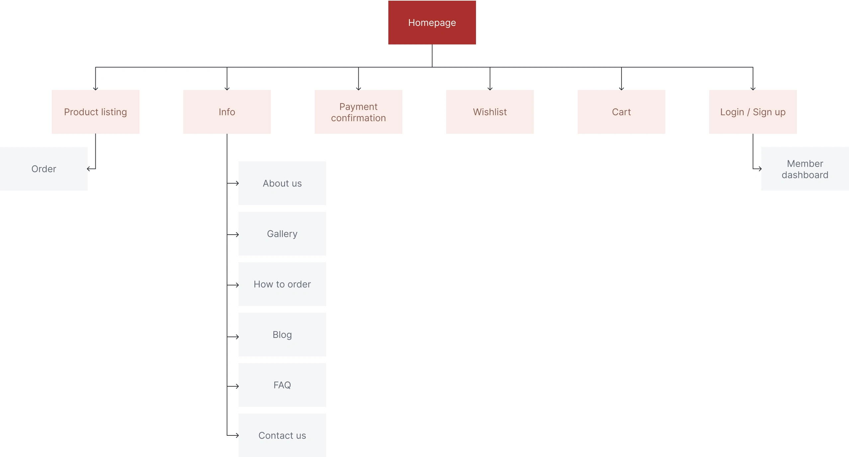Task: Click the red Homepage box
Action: click(x=432, y=23)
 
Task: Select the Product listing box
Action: click(x=95, y=112)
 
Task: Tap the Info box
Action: click(x=227, y=112)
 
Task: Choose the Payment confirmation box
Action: click(x=358, y=112)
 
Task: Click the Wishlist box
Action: click(x=490, y=112)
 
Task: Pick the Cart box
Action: click(x=621, y=112)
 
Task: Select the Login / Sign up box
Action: click(x=753, y=112)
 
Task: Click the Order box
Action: click(x=44, y=169)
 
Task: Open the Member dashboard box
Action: click(x=805, y=169)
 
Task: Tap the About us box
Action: click(x=282, y=183)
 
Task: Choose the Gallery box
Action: click(x=282, y=234)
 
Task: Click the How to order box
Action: click(x=282, y=284)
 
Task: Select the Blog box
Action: click(x=282, y=335)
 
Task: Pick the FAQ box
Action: click(x=282, y=385)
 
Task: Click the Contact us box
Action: click(x=282, y=435)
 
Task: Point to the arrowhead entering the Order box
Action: click(x=88, y=169)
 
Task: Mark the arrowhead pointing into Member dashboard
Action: click(x=760, y=169)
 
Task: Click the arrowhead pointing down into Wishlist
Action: click(x=490, y=89)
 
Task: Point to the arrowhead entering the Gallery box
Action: click(x=237, y=235)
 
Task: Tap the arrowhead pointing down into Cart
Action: click(x=621, y=89)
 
